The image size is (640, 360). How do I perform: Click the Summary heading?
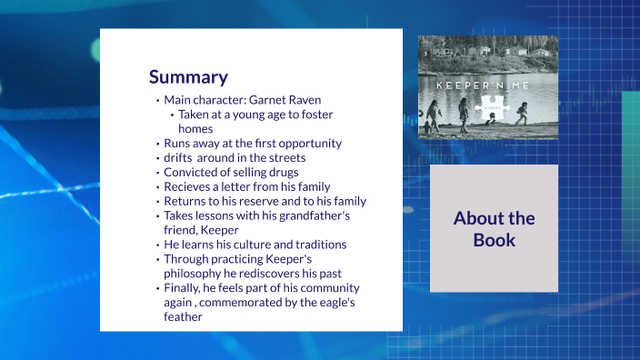(188, 76)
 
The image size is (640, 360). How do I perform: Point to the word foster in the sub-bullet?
(315, 115)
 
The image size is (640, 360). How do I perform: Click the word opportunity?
(306, 143)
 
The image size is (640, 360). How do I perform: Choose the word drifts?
(179, 157)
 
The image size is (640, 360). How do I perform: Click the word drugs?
(283, 172)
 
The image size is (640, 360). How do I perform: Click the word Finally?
(184, 288)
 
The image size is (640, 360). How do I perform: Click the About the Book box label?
(494, 229)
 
